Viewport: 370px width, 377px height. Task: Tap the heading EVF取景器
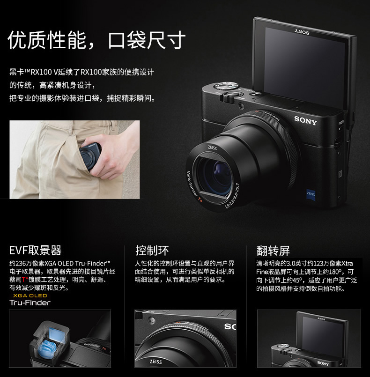click(x=36, y=250)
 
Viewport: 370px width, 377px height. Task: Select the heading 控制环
click(x=152, y=250)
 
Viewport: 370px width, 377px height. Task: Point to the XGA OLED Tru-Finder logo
click(x=30, y=300)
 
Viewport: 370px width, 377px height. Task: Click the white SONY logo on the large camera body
click(x=305, y=120)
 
